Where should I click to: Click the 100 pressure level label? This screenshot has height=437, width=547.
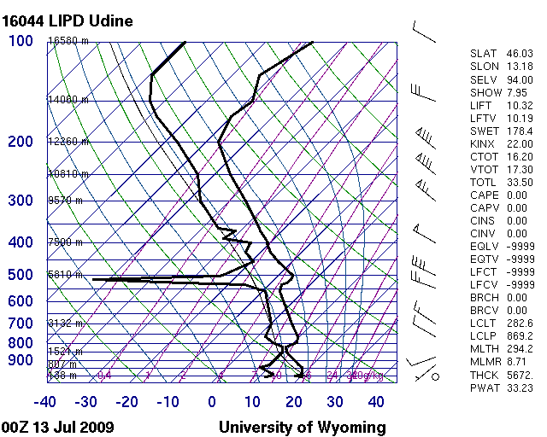tap(21, 41)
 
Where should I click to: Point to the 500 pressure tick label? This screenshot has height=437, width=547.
tap(21, 275)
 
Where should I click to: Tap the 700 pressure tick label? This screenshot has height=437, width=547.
tap(21, 323)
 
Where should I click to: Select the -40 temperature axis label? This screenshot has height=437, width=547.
tap(45, 402)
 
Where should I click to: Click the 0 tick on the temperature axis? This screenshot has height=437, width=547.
tap(212, 402)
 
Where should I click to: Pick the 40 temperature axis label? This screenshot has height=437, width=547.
tap(376, 402)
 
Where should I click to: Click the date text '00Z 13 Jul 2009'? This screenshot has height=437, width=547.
tap(58, 427)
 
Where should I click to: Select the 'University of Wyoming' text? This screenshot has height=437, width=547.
tap(302, 427)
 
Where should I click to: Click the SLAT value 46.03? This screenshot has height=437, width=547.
tap(520, 54)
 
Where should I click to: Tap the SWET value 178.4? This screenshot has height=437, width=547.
tap(520, 131)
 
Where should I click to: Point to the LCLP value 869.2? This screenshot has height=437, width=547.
tap(520, 335)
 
